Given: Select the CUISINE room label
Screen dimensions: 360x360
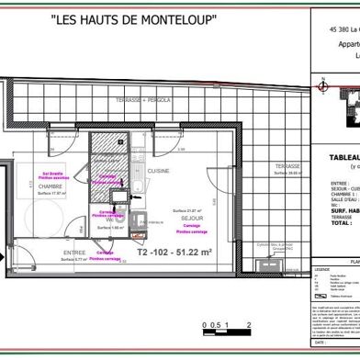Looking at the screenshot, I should [162, 171].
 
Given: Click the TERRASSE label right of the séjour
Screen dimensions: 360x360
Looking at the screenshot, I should [275, 166].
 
